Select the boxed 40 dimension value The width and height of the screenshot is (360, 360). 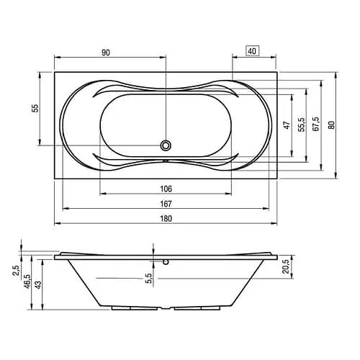[252, 51]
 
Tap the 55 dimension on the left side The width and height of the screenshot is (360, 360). [33, 107]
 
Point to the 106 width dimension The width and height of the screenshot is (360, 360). [166, 188]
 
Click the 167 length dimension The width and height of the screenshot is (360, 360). [166, 203]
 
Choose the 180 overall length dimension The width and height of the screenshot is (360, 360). [166, 218]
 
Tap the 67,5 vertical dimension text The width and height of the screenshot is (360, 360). [315, 124]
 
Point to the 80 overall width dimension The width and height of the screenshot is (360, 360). [331, 124]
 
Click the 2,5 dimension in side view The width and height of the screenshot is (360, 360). [17, 271]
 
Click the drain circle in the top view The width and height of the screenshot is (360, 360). [166, 145]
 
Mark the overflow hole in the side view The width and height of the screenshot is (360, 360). [166, 262]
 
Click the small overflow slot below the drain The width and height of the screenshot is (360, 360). [166, 161]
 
